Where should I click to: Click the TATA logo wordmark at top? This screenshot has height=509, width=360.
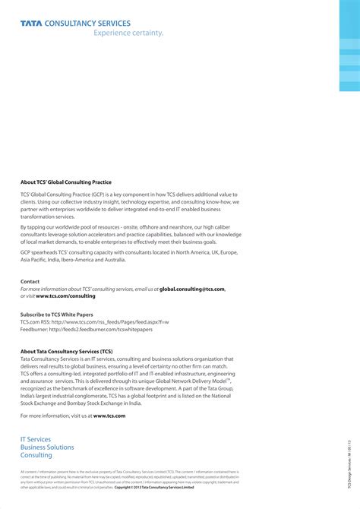point(32,24)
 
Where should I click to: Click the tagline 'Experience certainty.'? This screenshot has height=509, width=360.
point(128,33)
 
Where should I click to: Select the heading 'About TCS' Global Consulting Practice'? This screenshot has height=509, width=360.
point(66,182)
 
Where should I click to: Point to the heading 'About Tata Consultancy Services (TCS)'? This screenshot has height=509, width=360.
point(67,352)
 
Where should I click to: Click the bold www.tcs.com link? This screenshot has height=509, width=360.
point(109,416)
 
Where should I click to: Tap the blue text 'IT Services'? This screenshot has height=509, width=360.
point(36,440)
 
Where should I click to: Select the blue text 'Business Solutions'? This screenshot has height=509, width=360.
point(47,447)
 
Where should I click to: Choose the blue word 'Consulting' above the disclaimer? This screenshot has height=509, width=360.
point(36,456)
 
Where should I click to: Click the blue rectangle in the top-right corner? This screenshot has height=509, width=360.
point(349,46)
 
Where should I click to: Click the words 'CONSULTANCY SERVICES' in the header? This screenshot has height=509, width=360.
point(88,24)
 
